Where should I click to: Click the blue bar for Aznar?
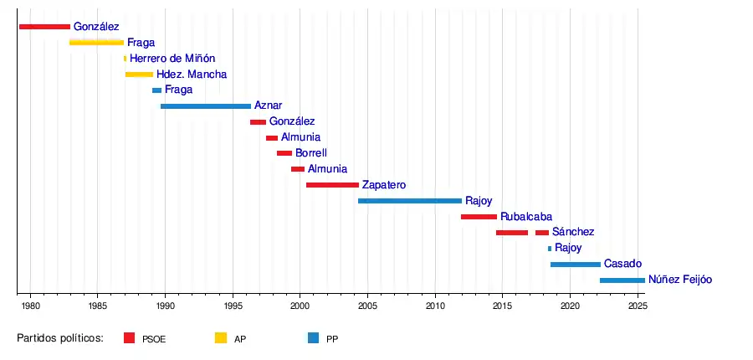pyautogui.click(x=205, y=106)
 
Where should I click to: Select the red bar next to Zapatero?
pyautogui.click(x=332, y=185)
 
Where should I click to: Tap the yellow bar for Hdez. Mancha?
pyautogui.click(x=139, y=75)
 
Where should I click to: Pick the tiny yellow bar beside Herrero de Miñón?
pyautogui.click(x=125, y=59)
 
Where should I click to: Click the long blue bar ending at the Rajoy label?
pyautogui.click(x=409, y=201)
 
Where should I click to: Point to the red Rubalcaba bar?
pyautogui.click(x=479, y=217)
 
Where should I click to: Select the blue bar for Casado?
pyautogui.click(x=575, y=265)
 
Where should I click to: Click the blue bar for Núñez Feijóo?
pyautogui.click(x=622, y=280)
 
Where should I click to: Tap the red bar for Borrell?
pyautogui.click(x=284, y=153)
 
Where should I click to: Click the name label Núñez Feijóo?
pyautogui.click(x=680, y=280)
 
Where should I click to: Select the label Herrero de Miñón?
pyautogui.click(x=172, y=59)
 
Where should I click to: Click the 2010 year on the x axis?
pyautogui.click(x=435, y=306)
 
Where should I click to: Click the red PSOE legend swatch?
pyautogui.click(x=129, y=338)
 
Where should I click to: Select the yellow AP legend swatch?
pyautogui.click(x=221, y=338)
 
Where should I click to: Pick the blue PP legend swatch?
pyautogui.click(x=313, y=338)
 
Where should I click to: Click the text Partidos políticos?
pyautogui.click(x=60, y=338)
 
